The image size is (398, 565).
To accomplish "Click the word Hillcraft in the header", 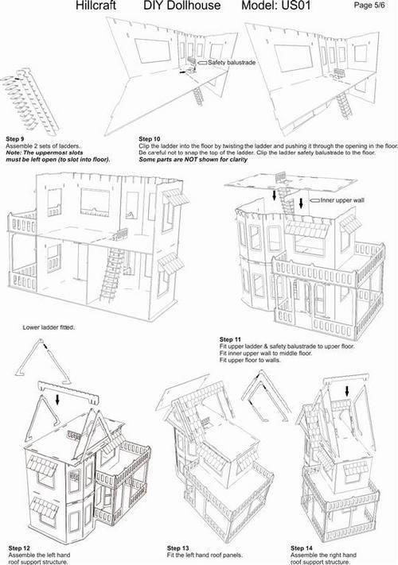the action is coord(96,6).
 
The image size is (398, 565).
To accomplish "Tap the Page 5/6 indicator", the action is coord(369,5).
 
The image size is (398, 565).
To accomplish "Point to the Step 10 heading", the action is coord(150,139).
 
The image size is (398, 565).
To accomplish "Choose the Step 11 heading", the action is coord(230,339).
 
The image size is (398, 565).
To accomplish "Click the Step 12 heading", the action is coord(19,548).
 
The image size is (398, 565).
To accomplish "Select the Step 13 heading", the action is coord(178,548).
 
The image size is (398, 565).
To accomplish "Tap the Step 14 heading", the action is coord(302,548).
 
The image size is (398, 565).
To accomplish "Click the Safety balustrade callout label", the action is coord(232,63).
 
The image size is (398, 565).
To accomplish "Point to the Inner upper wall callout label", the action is coord(342,200).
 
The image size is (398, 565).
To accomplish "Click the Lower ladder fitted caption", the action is coord(49,327).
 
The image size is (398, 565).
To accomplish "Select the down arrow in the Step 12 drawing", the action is coord(57,399).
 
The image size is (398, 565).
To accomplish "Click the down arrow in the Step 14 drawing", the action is coord(347,391).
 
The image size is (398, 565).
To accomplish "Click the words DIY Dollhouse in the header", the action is coord(181,6).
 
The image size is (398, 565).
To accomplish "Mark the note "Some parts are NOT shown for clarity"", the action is coord(193,159).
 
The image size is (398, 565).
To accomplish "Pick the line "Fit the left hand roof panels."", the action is coord(205,555).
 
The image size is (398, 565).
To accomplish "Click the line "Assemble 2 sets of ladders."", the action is coord(43,146).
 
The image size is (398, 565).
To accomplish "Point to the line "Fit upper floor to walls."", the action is coord(250,360).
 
